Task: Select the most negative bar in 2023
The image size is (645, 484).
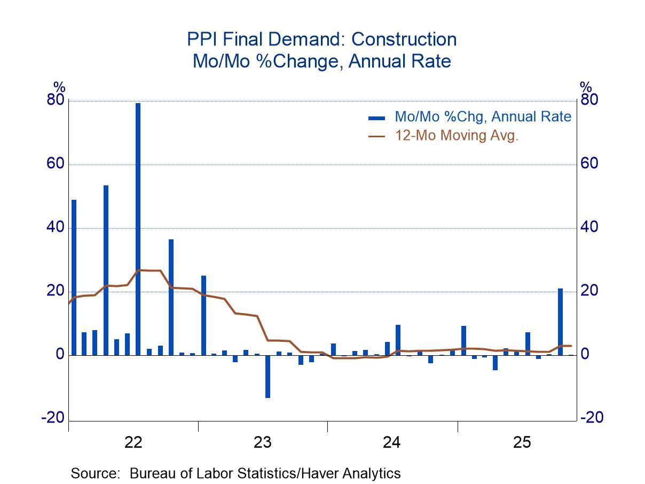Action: click(x=268, y=376)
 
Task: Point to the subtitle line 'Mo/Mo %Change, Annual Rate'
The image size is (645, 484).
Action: click(x=321, y=61)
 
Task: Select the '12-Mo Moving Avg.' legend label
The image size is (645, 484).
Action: click(x=457, y=136)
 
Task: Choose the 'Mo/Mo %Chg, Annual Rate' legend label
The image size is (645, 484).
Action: click(x=483, y=116)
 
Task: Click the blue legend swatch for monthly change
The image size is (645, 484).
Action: click(x=376, y=117)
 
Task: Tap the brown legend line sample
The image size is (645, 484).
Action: click(x=376, y=136)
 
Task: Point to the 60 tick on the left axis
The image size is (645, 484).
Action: click(x=54, y=164)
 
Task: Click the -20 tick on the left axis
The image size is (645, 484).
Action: click(x=52, y=418)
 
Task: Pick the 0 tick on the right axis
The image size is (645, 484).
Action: click(x=585, y=355)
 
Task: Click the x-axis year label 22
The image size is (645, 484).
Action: click(x=133, y=442)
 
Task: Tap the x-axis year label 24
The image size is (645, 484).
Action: click(x=392, y=442)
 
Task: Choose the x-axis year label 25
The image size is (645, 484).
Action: click(x=522, y=442)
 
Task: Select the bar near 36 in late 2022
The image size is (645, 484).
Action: click(x=171, y=297)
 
